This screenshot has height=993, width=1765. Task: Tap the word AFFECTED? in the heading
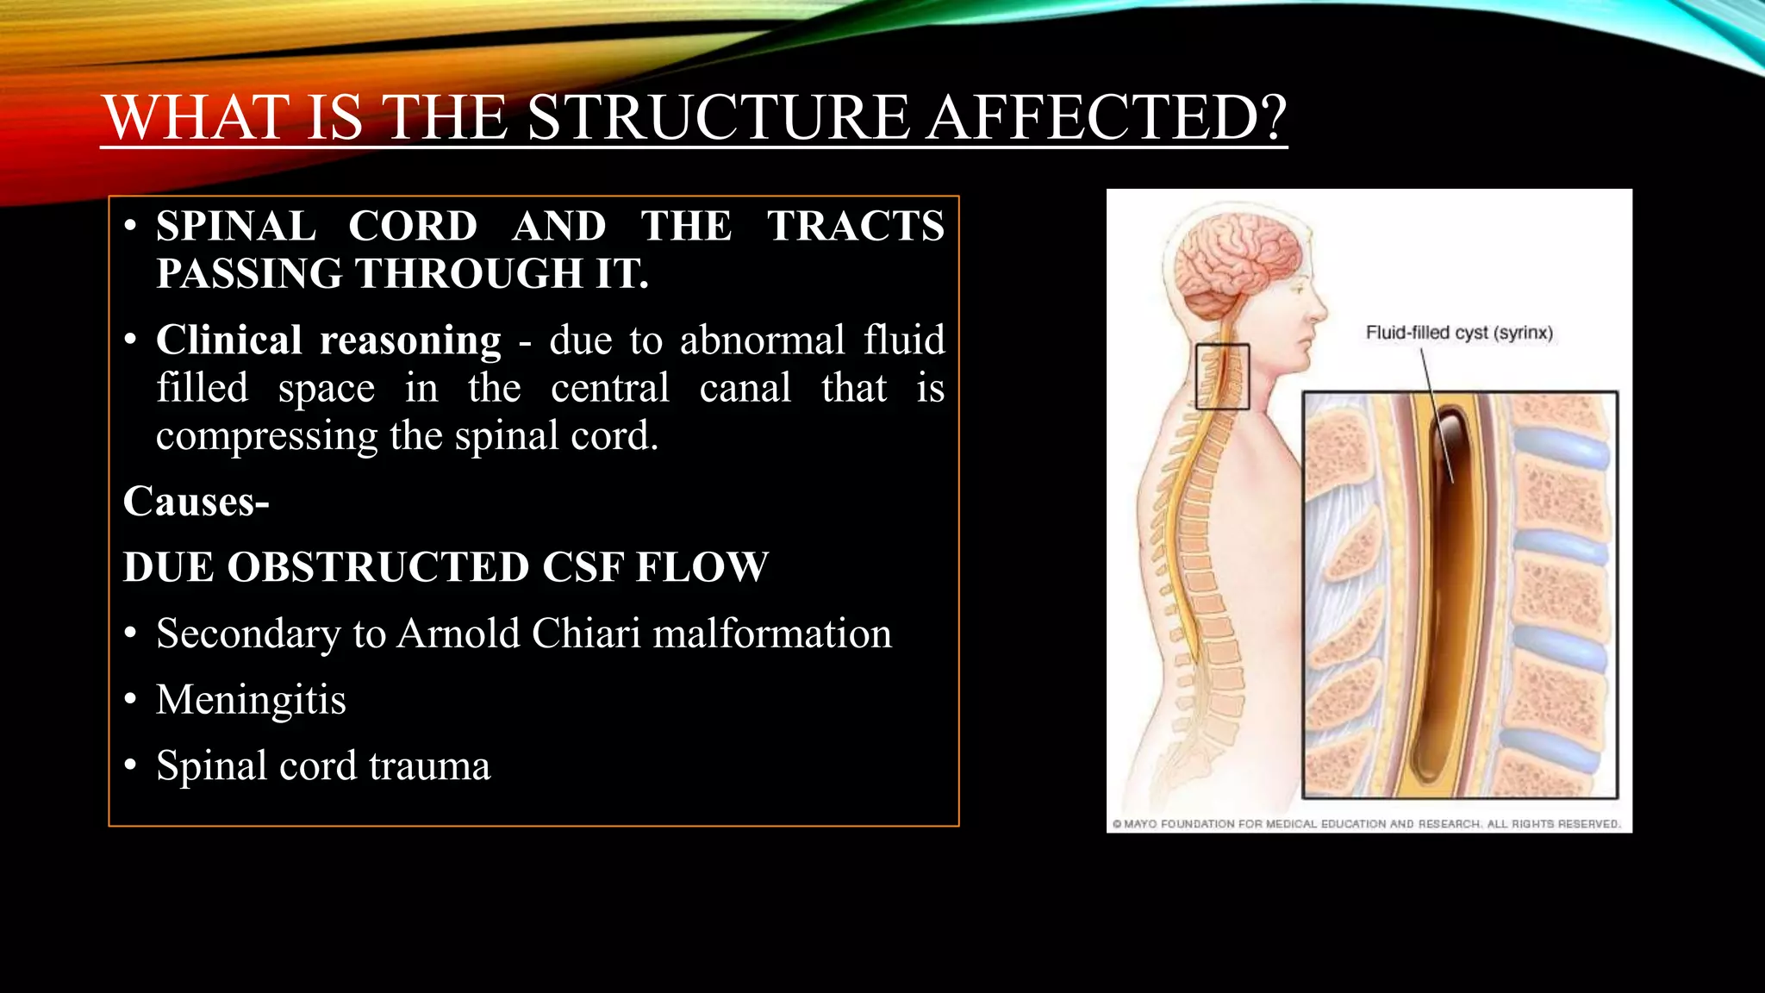pyautogui.click(x=1107, y=117)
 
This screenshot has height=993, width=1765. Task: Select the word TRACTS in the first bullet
pyautogui.click(x=856, y=226)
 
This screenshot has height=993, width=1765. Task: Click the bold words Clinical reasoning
pyautogui.click(x=328, y=340)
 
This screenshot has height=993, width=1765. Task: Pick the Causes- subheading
pyautogui.click(x=196, y=501)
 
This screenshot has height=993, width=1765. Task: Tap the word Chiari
pyautogui.click(x=586, y=634)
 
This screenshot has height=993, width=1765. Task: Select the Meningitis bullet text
pyautogui.click(x=251, y=699)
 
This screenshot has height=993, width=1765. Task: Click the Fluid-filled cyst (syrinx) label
pyautogui.click(x=1459, y=333)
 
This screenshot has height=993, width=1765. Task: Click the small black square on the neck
pyautogui.click(x=1222, y=377)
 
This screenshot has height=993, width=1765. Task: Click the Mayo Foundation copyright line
pyautogui.click(x=1367, y=824)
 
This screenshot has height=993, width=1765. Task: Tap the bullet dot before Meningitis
pyautogui.click(x=130, y=699)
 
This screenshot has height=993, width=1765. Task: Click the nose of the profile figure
pyautogui.click(x=1320, y=308)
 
